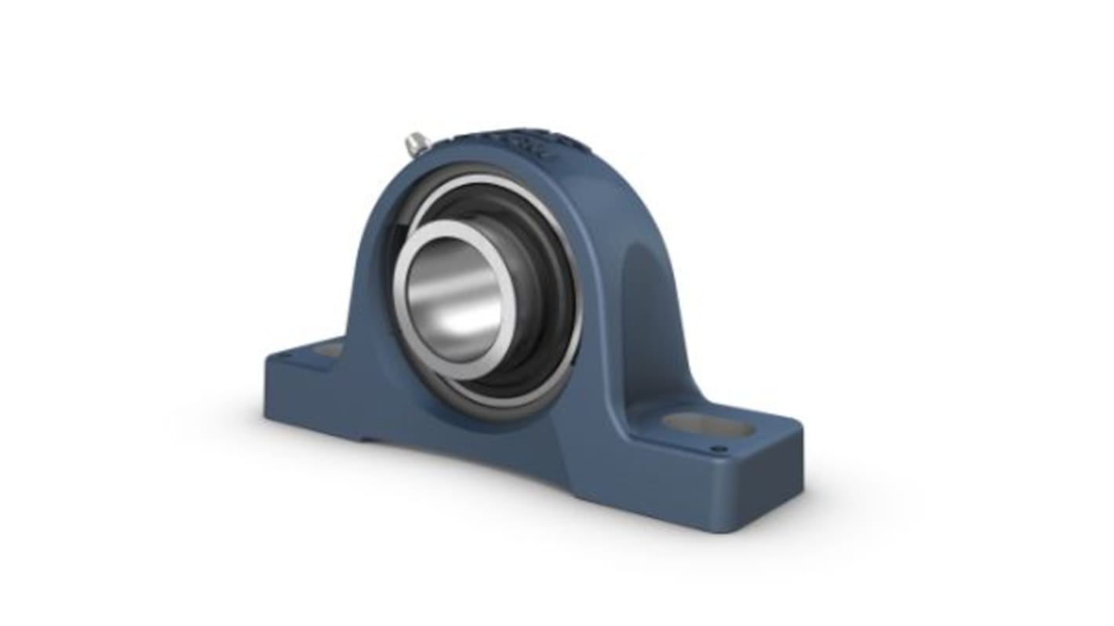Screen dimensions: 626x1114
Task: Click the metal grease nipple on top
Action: pos(415,144)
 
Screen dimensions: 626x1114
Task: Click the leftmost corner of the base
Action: pos(267,362)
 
